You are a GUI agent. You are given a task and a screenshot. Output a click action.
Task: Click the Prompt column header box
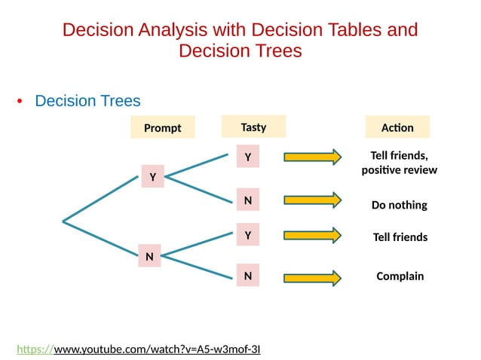coord(162,127)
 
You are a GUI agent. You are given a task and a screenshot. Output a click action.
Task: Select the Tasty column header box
coord(253,127)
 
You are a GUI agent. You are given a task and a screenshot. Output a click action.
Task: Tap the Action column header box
coord(397,127)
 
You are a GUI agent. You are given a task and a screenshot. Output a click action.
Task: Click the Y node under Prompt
coord(152,177)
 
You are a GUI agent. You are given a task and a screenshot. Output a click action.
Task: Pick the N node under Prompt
coord(149,257)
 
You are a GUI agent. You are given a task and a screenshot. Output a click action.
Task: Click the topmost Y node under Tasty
coord(247,157)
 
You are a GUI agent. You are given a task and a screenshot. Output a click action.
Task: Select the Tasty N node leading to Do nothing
coord(247,200)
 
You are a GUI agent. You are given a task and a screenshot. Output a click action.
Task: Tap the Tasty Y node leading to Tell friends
coord(247,236)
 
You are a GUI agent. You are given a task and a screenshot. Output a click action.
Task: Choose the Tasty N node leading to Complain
coord(247,276)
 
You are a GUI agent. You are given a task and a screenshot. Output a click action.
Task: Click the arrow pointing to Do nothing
coord(312,200)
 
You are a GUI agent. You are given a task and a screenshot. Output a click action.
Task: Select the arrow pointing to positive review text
coord(312,157)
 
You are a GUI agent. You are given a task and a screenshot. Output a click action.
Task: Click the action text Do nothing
coord(399,205)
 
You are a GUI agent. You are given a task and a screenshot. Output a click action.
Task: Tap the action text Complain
coord(400,276)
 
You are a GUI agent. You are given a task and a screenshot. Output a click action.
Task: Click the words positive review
coord(399,170)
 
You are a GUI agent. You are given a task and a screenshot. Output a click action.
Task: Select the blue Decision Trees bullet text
coord(87,101)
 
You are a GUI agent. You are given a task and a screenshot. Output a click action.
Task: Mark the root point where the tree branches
coord(63,221)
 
